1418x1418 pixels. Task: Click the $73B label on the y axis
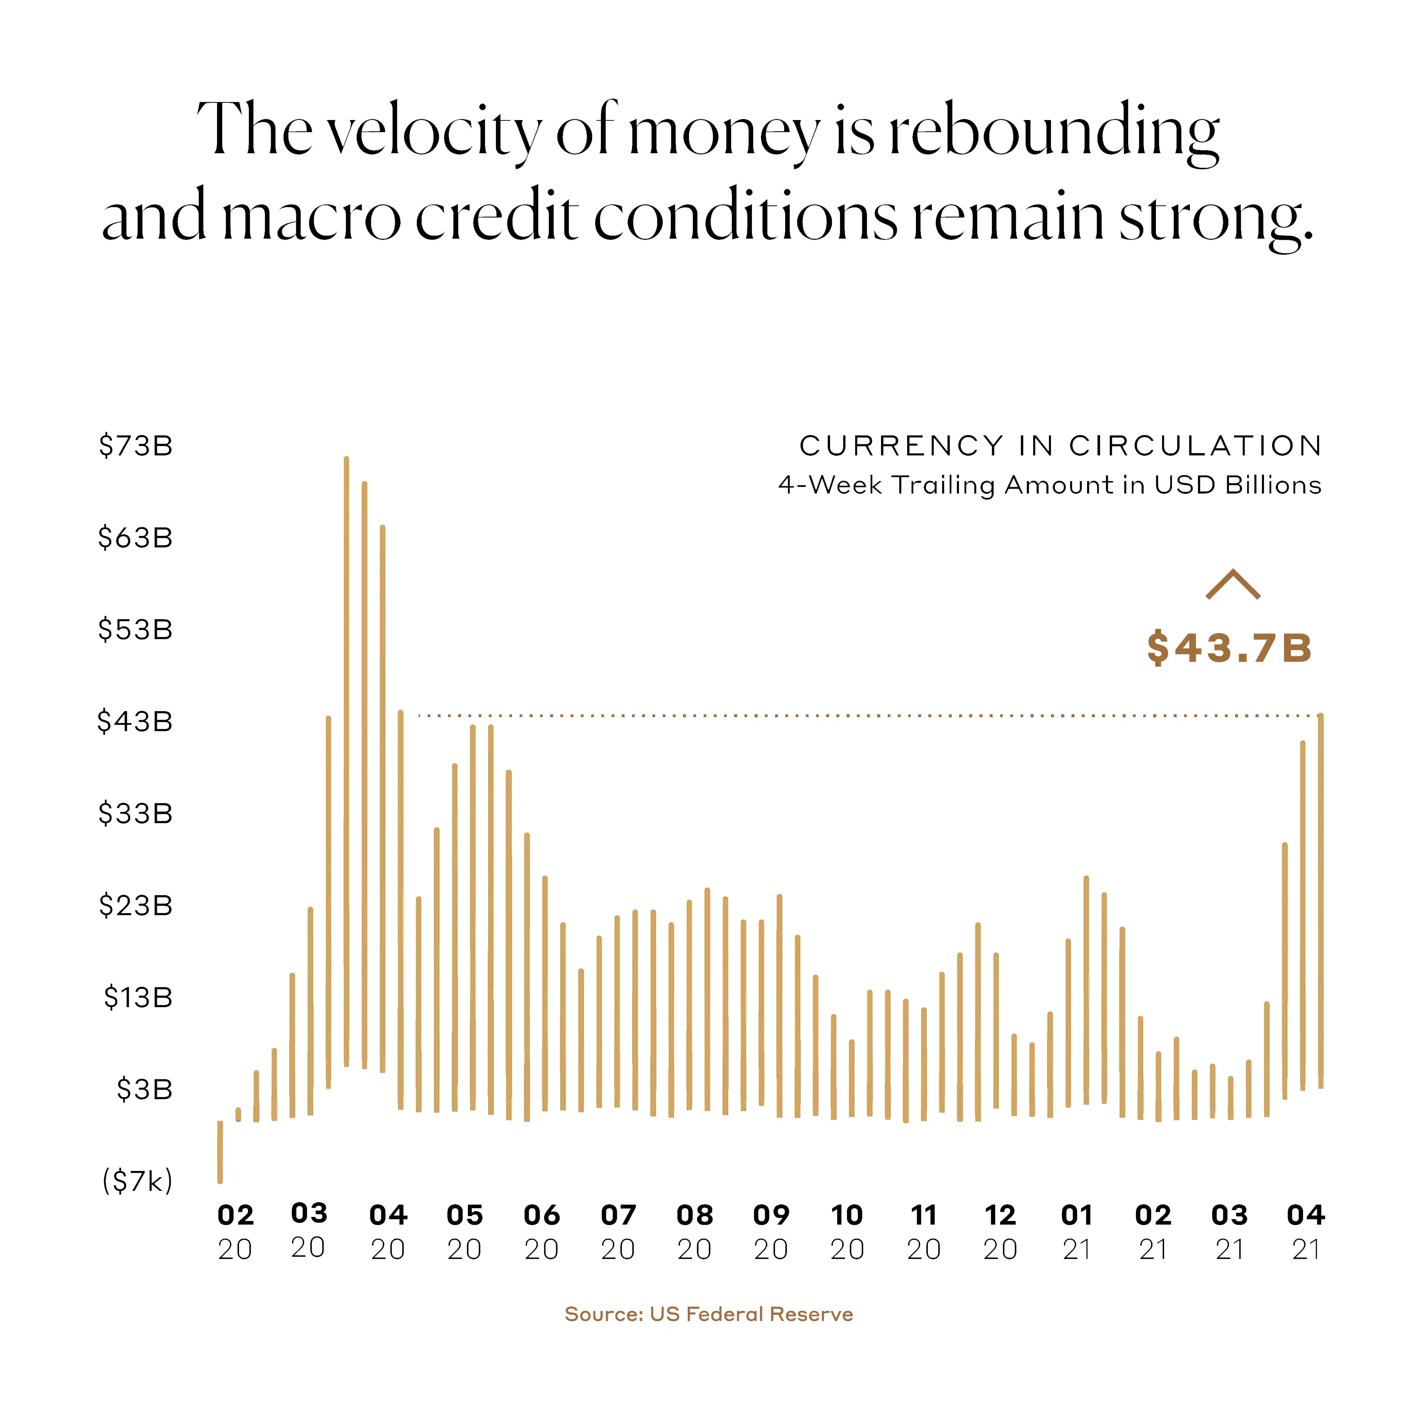[x=136, y=446]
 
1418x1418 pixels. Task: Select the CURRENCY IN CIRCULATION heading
[x=1061, y=446]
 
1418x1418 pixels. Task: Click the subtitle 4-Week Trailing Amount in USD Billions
[x=1050, y=485]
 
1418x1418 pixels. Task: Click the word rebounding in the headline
[x=1055, y=132]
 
